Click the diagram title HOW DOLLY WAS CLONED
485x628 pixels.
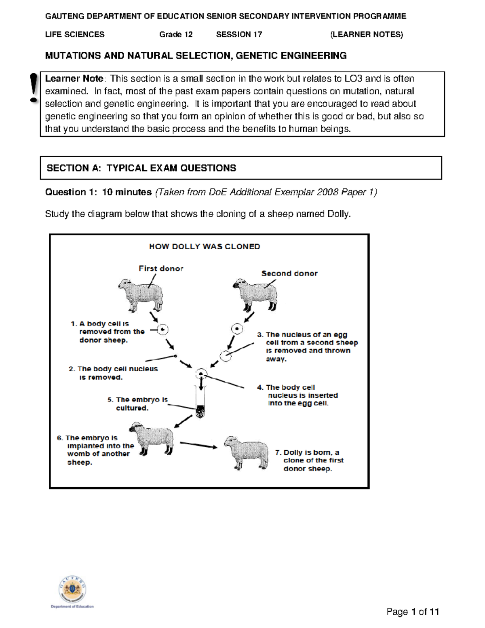[x=205, y=246]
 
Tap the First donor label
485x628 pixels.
[x=161, y=269]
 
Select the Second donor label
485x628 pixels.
[x=289, y=273]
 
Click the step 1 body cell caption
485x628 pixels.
[x=108, y=332]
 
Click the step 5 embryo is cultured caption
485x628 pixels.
[x=137, y=404]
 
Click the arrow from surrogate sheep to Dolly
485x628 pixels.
[x=198, y=445]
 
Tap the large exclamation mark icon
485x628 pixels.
[x=34, y=88]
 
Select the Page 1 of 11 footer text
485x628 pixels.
[x=412, y=611]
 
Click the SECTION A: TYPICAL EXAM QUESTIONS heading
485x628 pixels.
[x=141, y=168]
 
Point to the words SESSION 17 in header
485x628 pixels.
[x=239, y=35]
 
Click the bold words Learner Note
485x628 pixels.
[x=74, y=78]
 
